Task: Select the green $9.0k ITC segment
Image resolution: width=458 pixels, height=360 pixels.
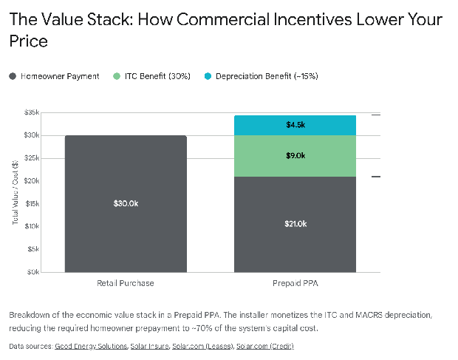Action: pos(295,156)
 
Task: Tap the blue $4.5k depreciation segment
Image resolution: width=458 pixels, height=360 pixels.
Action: pos(295,125)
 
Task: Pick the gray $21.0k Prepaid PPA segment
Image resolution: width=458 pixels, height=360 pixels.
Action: pos(295,224)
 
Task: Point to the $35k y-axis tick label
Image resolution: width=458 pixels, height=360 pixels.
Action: pos(31,112)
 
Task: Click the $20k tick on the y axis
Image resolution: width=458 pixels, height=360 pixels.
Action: pos(31,181)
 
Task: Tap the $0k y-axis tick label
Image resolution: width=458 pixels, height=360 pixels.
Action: pos(33,272)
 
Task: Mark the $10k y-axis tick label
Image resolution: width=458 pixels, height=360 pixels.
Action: pos(31,226)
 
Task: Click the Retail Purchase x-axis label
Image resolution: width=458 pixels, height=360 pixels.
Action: pos(126,283)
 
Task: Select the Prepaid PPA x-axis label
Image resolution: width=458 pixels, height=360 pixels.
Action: pos(295,283)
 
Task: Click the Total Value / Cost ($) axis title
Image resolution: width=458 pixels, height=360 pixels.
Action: pos(16,192)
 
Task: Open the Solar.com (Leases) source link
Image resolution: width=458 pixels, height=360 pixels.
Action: pos(201,346)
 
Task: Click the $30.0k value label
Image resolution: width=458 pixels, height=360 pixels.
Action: pos(126,203)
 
